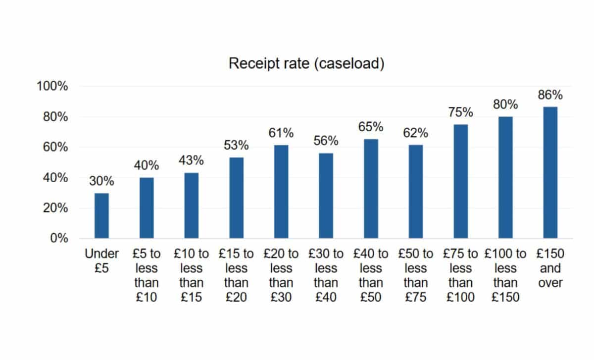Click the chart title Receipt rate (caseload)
point(306,64)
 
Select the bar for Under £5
point(101,215)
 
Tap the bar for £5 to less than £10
point(147,208)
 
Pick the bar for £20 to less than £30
point(281,192)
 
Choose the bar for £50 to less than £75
point(415,192)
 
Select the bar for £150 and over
point(550,172)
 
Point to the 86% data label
point(550,95)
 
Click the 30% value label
point(101,181)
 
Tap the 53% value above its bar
point(236,146)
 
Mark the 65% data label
point(371,127)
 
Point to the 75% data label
point(461,112)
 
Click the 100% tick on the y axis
point(52,87)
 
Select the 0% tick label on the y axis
point(58,238)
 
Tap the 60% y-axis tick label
point(55,148)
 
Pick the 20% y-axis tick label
point(55,208)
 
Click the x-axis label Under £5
point(101,261)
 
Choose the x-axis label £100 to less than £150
point(505,275)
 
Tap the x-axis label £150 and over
point(550,268)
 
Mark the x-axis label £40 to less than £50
point(371,275)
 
